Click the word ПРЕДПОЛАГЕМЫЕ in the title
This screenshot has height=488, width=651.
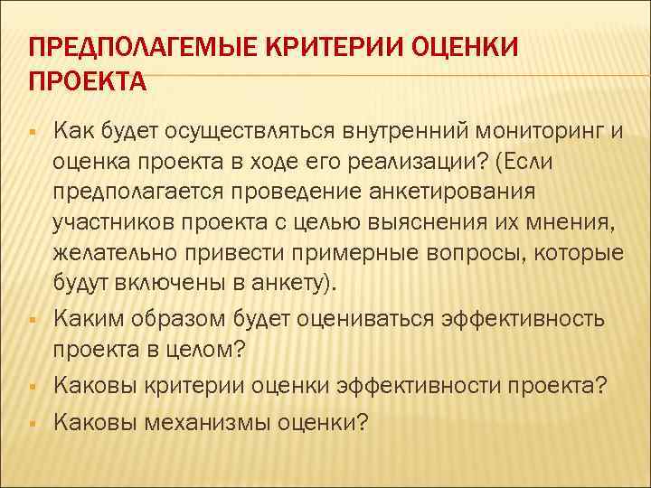[x=133, y=47]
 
